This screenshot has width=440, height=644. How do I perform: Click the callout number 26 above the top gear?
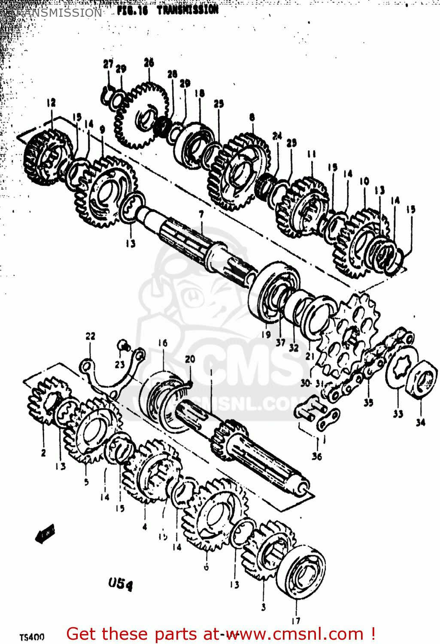(149, 63)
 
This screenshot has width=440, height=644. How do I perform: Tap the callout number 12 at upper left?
(52, 103)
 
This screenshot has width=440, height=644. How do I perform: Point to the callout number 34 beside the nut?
(420, 422)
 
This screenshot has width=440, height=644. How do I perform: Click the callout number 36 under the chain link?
(317, 456)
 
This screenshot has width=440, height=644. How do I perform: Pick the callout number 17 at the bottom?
(296, 620)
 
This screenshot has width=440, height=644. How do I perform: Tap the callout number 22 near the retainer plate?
(90, 336)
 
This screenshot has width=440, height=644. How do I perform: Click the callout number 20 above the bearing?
(190, 359)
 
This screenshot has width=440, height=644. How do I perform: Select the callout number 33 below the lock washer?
(398, 414)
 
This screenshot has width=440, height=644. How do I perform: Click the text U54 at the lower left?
(120, 584)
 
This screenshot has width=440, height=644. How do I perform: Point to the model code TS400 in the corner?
(32, 637)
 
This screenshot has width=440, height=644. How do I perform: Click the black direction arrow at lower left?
(45, 533)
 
